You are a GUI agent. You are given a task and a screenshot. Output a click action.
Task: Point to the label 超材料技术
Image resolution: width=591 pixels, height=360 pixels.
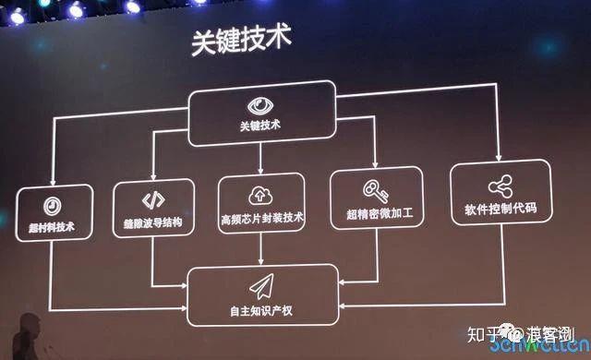pyautogui.click(x=54, y=226)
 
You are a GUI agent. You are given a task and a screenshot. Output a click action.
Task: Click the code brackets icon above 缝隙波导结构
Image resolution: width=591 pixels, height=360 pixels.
pyautogui.click(x=151, y=200)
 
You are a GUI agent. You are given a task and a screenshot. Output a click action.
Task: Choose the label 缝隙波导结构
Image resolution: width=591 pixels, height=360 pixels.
pyautogui.click(x=151, y=223)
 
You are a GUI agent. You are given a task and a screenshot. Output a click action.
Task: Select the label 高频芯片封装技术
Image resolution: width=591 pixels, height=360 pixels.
pyautogui.click(x=262, y=220)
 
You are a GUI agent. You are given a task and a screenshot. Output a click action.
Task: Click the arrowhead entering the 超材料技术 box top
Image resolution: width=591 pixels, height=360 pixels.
pyautogui.click(x=53, y=181)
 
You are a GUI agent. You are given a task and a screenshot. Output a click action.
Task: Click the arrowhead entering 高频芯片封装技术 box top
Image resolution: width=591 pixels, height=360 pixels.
pyautogui.click(x=261, y=172)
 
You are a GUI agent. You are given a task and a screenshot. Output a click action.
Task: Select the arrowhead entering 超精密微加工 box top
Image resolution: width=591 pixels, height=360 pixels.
pyautogui.click(x=375, y=167)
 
